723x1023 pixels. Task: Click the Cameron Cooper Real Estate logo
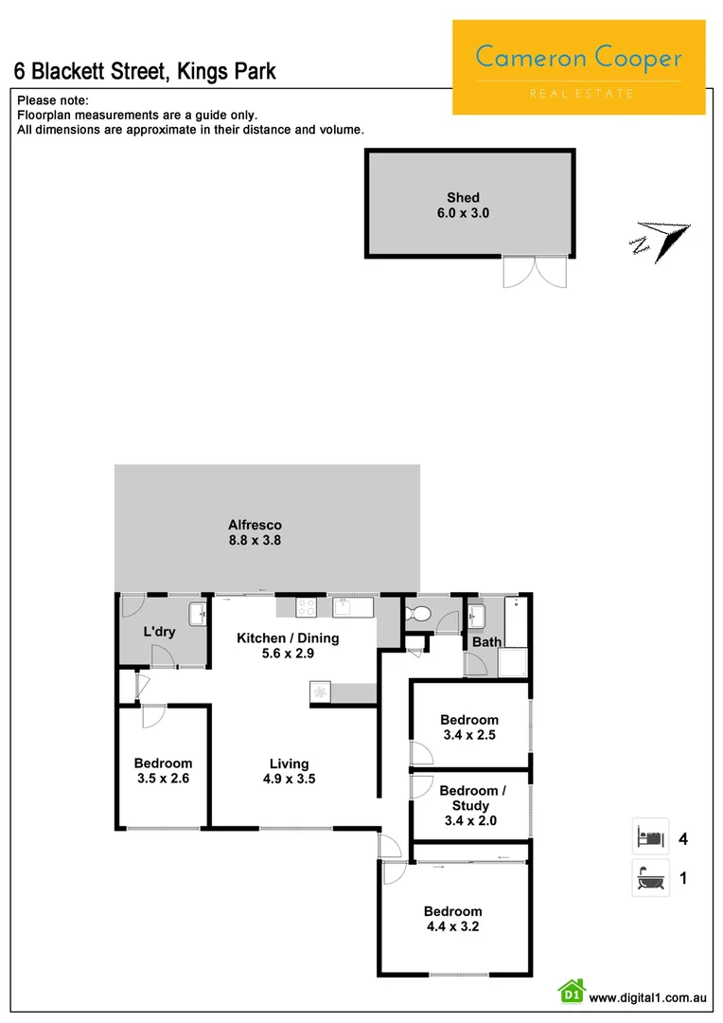(x=578, y=67)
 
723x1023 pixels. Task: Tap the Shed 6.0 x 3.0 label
(x=463, y=206)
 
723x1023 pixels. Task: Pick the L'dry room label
(x=159, y=632)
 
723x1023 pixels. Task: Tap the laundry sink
(x=198, y=615)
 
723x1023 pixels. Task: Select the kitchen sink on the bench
(x=344, y=607)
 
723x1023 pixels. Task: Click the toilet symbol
(x=416, y=615)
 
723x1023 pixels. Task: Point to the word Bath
(x=487, y=642)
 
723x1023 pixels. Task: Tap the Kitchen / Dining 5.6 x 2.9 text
(x=288, y=646)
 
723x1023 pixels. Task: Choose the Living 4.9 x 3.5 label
(x=289, y=772)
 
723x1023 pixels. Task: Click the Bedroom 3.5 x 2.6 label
(x=163, y=771)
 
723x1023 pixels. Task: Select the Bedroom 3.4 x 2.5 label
(x=469, y=727)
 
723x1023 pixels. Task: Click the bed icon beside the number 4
(x=650, y=837)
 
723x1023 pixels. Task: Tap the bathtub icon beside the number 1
(x=650, y=879)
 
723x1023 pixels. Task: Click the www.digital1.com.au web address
(x=648, y=997)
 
